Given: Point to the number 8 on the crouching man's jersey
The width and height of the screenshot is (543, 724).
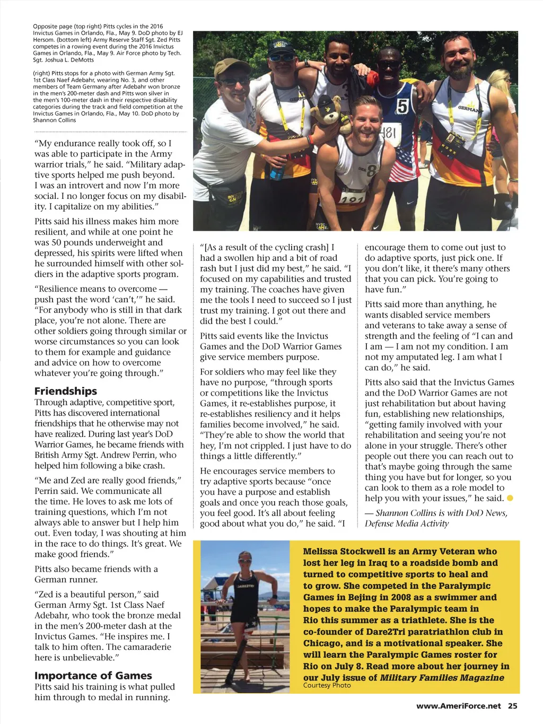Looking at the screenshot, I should coord(371,171).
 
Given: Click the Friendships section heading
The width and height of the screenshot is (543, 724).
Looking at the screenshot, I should coord(66,391).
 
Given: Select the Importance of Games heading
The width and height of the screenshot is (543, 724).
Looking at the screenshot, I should coord(93,675).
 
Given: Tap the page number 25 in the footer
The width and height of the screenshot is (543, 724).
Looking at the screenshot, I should coord(512,705).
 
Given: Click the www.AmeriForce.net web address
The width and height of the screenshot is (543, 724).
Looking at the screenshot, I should coord(458,705).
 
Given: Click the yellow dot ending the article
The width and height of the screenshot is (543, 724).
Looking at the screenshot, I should coord(510,498).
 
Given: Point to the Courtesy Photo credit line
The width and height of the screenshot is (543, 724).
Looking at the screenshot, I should coord(327,685).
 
